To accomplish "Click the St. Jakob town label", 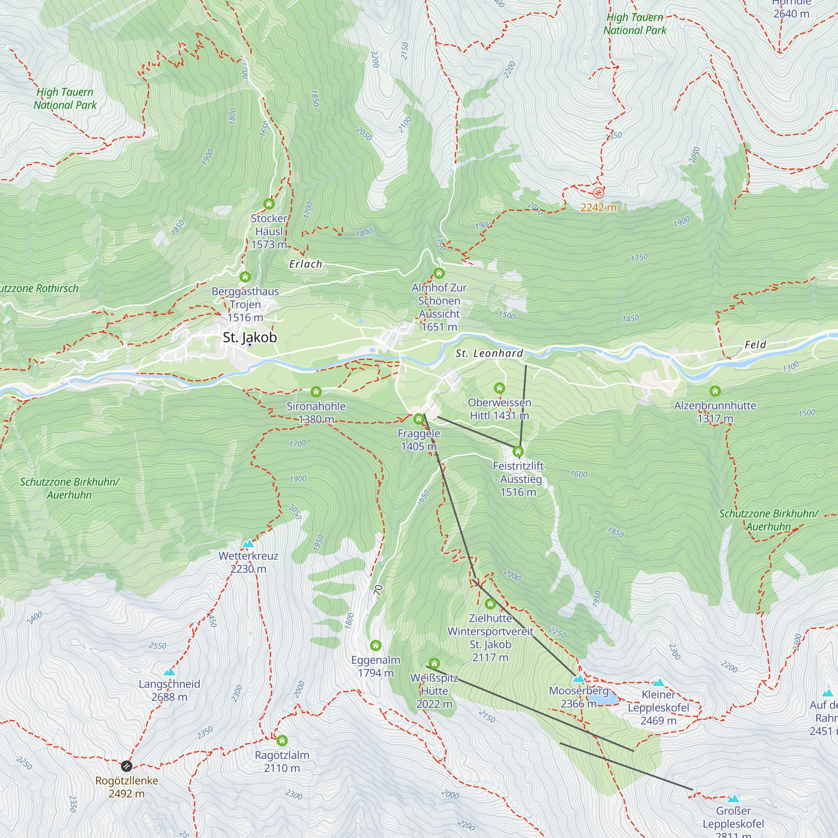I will coord(249,337).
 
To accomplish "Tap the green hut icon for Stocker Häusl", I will coord(269,204).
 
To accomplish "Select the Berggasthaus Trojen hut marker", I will coord(245,277).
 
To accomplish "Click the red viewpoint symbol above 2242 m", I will coord(598,193).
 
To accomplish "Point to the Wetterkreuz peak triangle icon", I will coord(248,543).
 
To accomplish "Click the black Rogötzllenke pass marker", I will coord(126,766).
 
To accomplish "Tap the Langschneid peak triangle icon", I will coord(169,672).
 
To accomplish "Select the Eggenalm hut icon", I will coord(375,646).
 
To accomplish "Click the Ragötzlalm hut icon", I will coord(282,740).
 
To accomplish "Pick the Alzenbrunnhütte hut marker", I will coord(715,391).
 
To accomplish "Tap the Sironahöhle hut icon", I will coord(316,392).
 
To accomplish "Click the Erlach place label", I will coord(306,264).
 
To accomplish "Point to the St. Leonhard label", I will coord(489,354).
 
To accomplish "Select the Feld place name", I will coord(755,345).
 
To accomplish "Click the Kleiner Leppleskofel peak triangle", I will coord(658,683).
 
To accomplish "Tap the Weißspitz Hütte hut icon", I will coord(434,664).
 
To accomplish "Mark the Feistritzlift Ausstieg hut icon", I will coord(518,452).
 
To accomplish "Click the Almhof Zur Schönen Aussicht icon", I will coord(439,273).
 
